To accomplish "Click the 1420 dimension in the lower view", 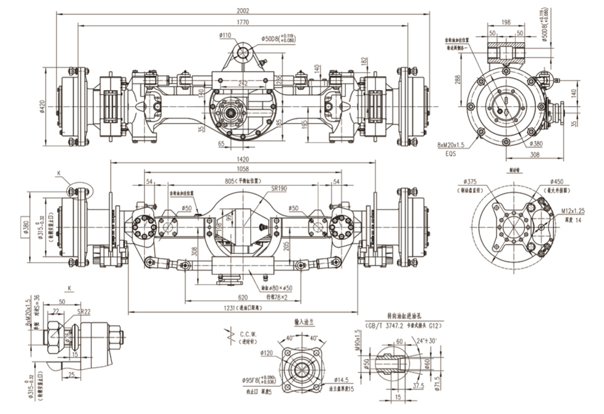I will click(241, 158).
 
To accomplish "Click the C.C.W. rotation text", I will click(240, 333).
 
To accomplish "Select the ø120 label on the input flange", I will click(267, 353).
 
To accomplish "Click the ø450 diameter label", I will click(558, 181).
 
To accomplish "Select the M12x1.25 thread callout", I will click(573, 211).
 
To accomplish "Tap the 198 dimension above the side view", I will click(506, 22).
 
